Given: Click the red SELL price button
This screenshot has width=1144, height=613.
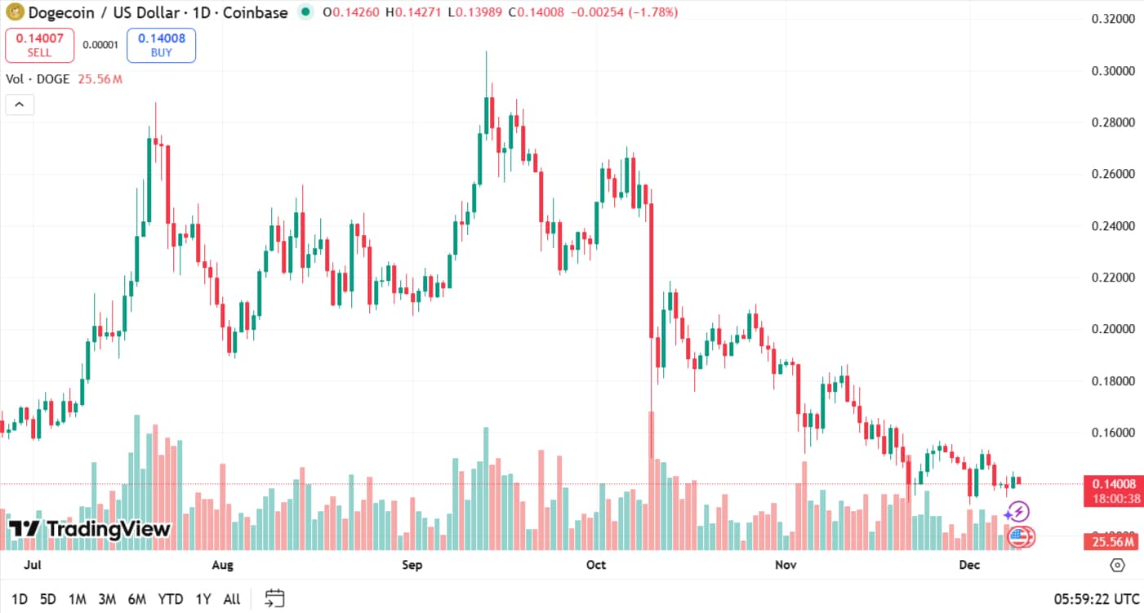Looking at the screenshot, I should (39, 46).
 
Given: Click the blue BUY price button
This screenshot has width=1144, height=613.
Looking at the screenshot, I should (161, 46).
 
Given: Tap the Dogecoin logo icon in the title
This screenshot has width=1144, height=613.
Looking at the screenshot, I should (15, 12).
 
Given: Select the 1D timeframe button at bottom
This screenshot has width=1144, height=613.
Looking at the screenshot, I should (20, 599).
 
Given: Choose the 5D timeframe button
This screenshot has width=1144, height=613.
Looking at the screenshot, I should (48, 599).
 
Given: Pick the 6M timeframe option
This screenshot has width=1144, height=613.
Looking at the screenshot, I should (136, 599).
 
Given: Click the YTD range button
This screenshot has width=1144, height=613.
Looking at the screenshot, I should (170, 599).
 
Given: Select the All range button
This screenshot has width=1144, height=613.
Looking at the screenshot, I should (232, 599).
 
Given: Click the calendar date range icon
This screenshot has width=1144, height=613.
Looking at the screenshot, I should (275, 598).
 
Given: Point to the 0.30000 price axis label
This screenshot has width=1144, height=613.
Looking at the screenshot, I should (1113, 71).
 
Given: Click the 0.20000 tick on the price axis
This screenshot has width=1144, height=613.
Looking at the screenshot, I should (1113, 329).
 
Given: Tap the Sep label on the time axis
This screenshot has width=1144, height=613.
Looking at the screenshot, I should (412, 565).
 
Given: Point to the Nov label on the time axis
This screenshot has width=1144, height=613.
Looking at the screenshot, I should (786, 565).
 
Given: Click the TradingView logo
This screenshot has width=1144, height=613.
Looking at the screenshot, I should (90, 529).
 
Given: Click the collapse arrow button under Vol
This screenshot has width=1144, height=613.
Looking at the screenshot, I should (20, 104).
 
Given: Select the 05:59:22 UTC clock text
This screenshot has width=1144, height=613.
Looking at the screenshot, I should (1097, 599).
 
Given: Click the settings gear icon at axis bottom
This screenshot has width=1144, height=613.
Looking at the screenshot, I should (1117, 565).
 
